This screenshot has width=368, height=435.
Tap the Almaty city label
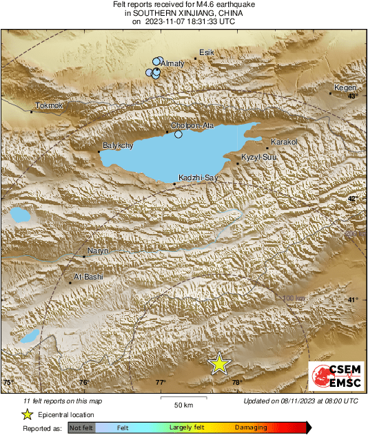click(174, 63)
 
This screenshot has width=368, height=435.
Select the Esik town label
click(207, 52)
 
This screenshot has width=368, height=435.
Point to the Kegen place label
click(344, 87)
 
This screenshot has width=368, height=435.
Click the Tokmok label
click(48, 105)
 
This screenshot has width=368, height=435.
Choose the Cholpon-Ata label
click(188, 126)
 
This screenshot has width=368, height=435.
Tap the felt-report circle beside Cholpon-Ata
click(178, 134)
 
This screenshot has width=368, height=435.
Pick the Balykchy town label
click(117, 146)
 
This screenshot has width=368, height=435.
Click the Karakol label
click(284, 142)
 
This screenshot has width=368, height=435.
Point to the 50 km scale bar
click(183, 397)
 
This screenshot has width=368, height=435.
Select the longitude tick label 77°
click(161, 383)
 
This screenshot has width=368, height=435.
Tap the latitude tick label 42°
click(352, 199)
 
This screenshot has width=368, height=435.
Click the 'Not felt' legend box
click(81, 428)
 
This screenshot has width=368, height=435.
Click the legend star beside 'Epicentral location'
click(28, 414)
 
